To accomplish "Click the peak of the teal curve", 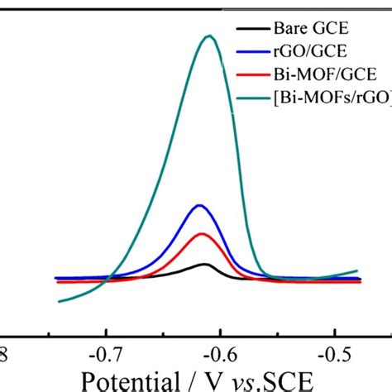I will (210, 36).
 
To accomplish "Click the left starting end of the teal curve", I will (59, 301).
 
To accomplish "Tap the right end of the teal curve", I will (357, 271).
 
